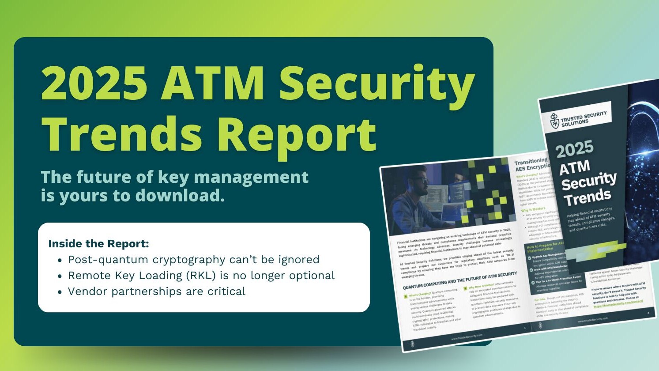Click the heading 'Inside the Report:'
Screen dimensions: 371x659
(x=98, y=244)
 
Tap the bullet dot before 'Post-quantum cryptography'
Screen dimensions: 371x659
(x=60, y=260)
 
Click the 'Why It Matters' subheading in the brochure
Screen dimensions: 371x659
(x=533, y=209)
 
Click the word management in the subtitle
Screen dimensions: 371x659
(x=251, y=178)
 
